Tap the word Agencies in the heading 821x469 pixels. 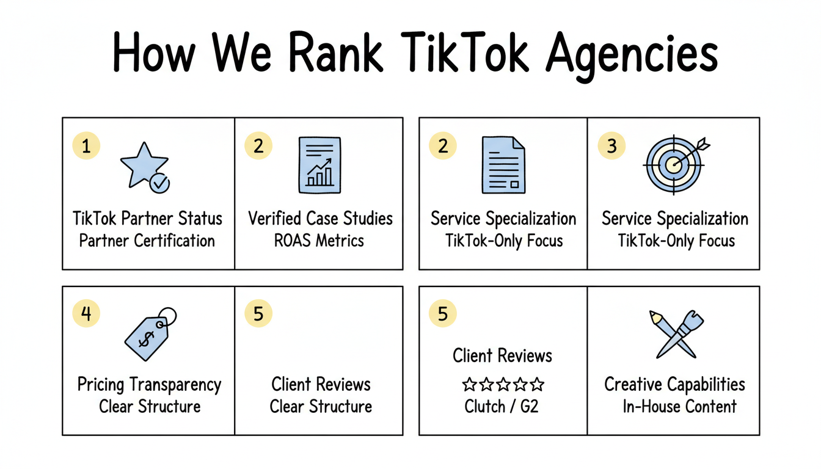[x=632, y=55]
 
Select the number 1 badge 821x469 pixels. [x=86, y=146]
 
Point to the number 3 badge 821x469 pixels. [x=612, y=146]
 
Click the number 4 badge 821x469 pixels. [x=86, y=313]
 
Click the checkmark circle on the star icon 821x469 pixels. [x=160, y=183]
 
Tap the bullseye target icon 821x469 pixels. [x=674, y=164]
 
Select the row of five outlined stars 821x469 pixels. [x=502, y=384]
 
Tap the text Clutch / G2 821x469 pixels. [x=502, y=406]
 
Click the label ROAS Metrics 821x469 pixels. [x=319, y=240]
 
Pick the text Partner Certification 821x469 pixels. [x=147, y=240]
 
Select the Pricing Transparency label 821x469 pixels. [x=149, y=385]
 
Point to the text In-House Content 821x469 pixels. [x=679, y=406]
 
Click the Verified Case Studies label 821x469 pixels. [x=320, y=219]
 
